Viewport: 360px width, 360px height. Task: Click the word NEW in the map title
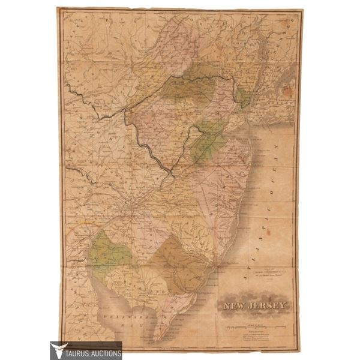point(236,308)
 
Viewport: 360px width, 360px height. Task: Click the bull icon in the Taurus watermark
point(58,350)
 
